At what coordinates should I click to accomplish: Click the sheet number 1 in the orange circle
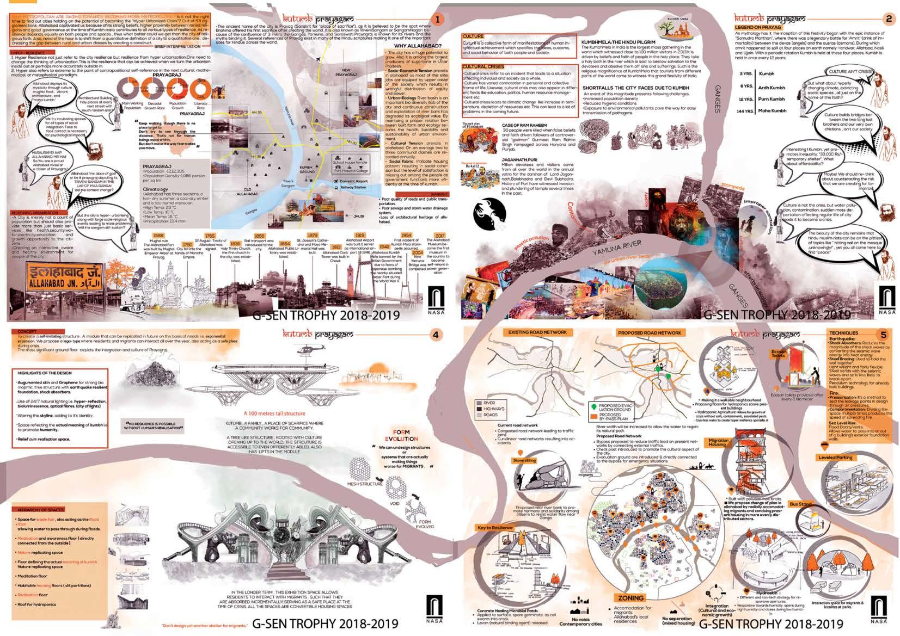(436, 19)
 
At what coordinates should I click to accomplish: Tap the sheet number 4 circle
(435, 335)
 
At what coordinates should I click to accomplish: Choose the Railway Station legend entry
(353, 187)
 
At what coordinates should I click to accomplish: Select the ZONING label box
(630, 598)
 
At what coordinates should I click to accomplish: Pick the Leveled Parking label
(835, 458)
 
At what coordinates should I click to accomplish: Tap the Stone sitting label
(525, 460)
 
